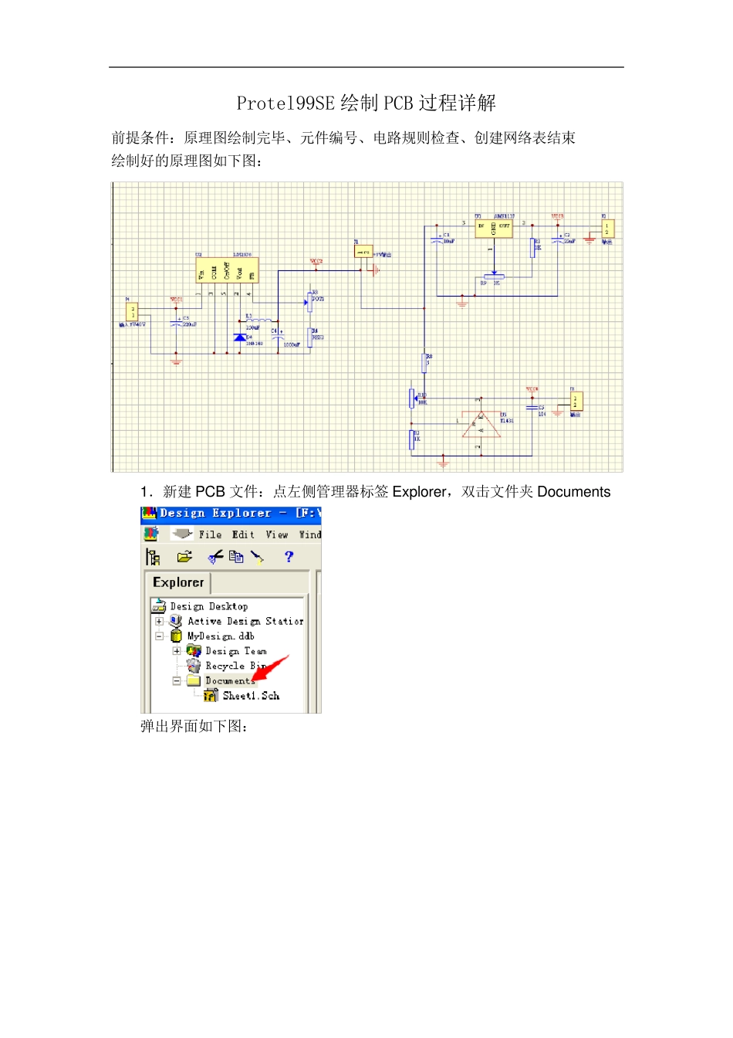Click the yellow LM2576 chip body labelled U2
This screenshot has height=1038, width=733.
tap(227, 271)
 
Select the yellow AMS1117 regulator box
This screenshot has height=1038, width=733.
tap(494, 227)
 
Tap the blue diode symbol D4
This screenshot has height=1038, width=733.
tap(239, 338)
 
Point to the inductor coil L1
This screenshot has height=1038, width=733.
tap(262, 321)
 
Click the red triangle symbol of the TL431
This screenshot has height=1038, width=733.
tap(481, 425)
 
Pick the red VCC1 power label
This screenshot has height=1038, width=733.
tap(176, 300)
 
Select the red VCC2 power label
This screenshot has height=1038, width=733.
tap(316, 262)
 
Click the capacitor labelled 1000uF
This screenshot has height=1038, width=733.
tap(279, 337)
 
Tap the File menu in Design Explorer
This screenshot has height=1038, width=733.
tap(210, 534)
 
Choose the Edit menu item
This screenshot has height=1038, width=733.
tap(243, 534)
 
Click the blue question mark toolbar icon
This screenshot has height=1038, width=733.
tap(289, 557)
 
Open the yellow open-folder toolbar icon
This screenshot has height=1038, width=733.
tap(184, 557)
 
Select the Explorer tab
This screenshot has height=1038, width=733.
tap(178, 582)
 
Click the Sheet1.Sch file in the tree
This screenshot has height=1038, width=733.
tap(250, 696)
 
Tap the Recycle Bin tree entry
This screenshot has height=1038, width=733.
tap(235, 666)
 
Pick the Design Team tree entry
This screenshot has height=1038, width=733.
tap(235, 651)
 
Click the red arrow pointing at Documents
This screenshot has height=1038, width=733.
tap(271, 668)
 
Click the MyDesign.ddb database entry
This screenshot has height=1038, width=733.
tap(221, 636)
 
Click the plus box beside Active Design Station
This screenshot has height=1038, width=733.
tap(159, 621)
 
